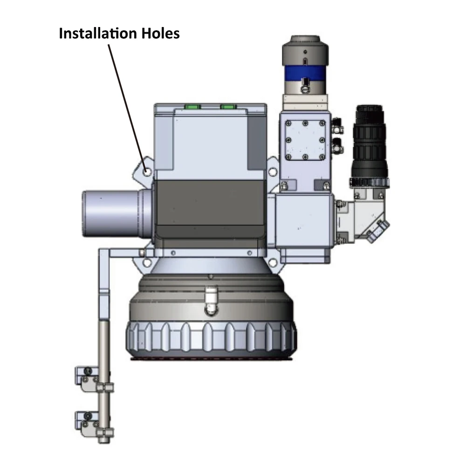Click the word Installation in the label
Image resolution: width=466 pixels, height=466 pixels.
tap(98, 33)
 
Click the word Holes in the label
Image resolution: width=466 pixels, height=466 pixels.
tap(160, 33)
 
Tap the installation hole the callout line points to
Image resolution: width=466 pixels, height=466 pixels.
tap(147, 171)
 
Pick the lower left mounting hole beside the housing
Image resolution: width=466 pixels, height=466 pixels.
tap(147, 263)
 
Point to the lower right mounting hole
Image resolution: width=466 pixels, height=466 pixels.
tap(272, 263)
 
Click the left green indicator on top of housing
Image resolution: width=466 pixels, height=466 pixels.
tap(192, 106)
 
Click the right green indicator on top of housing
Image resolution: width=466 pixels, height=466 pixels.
tap(228, 106)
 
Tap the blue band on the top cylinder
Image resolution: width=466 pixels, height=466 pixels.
tap(305, 73)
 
